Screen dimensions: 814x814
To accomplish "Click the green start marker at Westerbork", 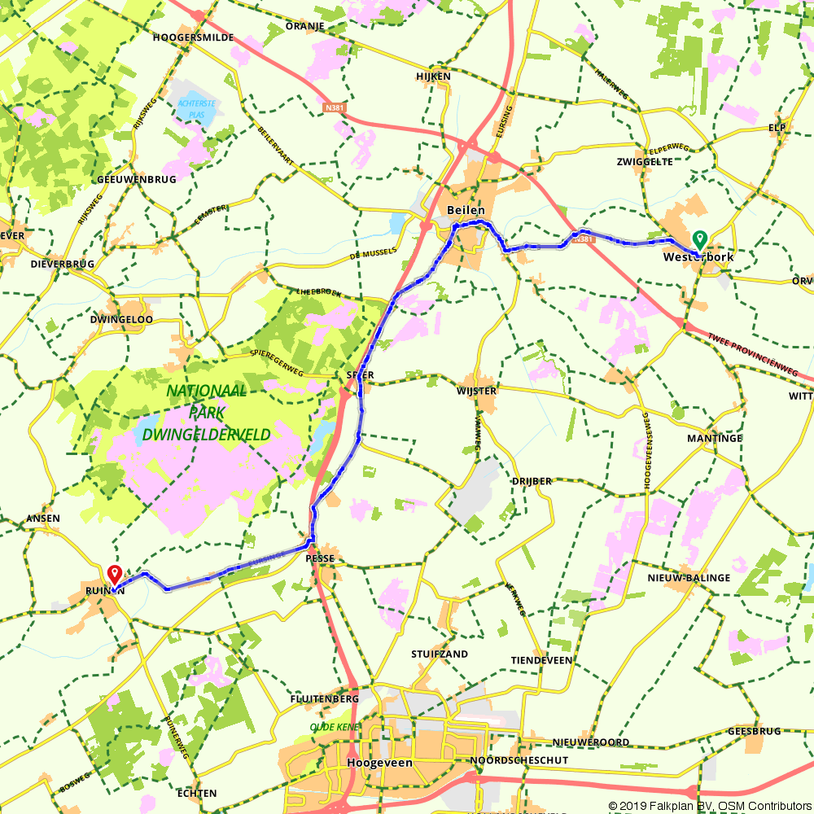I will [x=698, y=239].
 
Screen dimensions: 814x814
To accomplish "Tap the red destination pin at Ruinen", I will [x=114, y=575].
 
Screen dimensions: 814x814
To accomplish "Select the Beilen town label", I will [x=466, y=210].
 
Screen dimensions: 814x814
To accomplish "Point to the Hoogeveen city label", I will [x=379, y=763].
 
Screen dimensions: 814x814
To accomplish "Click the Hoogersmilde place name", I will [x=194, y=37].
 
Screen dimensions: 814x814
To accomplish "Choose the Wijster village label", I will [x=476, y=391].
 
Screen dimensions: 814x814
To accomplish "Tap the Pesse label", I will [x=320, y=559].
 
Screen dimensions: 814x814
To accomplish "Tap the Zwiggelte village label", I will [x=645, y=161].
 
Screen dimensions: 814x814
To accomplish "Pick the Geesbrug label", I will [x=754, y=731].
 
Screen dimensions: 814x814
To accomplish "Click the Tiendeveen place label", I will [x=541, y=660].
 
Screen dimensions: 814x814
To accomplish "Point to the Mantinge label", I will [x=715, y=438].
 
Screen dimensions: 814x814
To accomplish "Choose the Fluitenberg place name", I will [x=325, y=699].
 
